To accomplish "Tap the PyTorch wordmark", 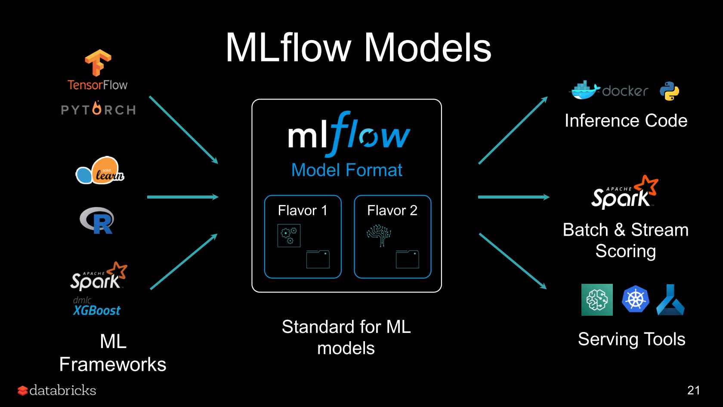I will click(x=99, y=109).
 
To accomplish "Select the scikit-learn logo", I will click(x=100, y=171).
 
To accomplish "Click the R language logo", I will click(x=97, y=221).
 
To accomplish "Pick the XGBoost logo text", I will click(x=96, y=310).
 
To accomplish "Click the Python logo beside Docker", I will click(x=669, y=91).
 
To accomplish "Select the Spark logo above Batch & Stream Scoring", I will click(x=625, y=193).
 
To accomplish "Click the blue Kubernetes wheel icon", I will click(x=635, y=299).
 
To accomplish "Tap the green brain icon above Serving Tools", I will click(x=597, y=300).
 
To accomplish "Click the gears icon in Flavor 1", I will click(x=289, y=236).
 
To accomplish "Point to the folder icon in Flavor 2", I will click(x=407, y=259).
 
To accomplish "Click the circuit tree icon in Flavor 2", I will click(x=379, y=235).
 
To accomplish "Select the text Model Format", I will click(x=346, y=170).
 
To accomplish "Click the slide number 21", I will click(x=693, y=390).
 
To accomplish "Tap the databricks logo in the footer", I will click(x=57, y=390).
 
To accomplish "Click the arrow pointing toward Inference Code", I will click(x=513, y=130).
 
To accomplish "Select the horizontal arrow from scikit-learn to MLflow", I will click(x=182, y=197).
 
